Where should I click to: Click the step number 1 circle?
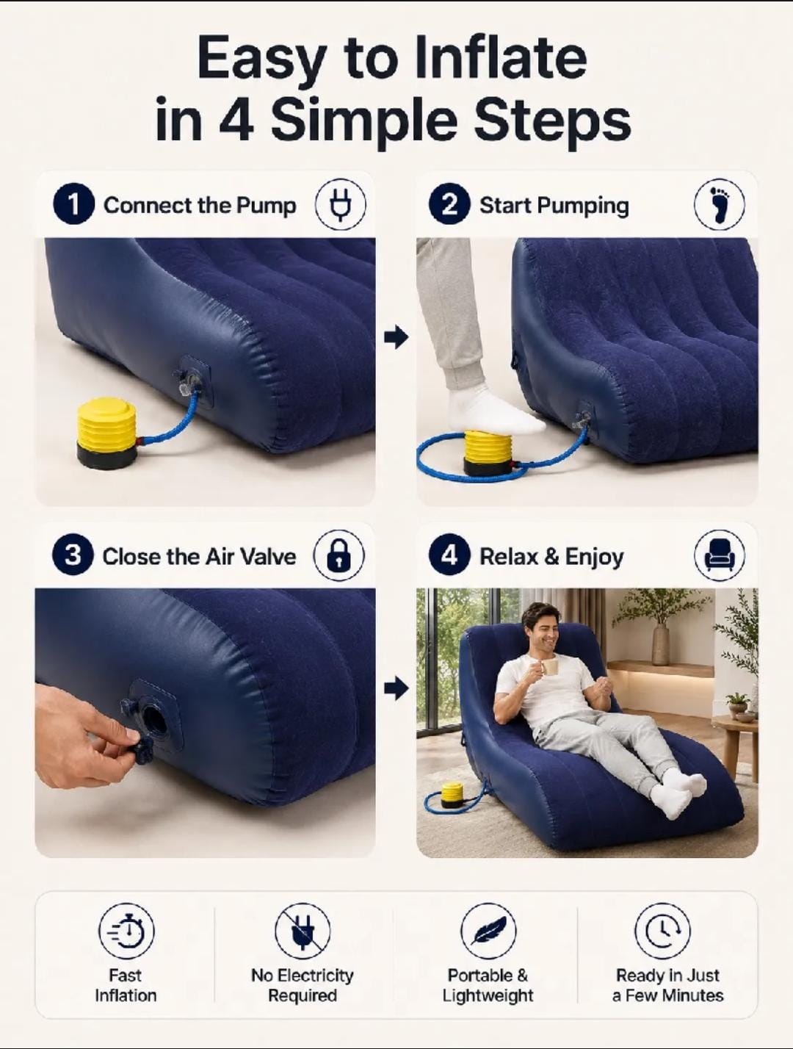click(x=73, y=204)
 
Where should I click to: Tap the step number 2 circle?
click(x=449, y=204)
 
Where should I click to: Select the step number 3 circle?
click(x=73, y=555)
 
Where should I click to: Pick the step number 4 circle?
click(x=449, y=555)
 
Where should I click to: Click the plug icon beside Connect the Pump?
click(x=341, y=204)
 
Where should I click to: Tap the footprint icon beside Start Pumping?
click(x=720, y=204)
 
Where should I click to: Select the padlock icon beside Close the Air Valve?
click(x=339, y=555)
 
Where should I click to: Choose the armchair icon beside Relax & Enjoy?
click(x=720, y=555)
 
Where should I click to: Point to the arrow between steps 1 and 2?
click(x=396, y=337)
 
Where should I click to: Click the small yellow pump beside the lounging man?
click(x=452, y=794)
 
